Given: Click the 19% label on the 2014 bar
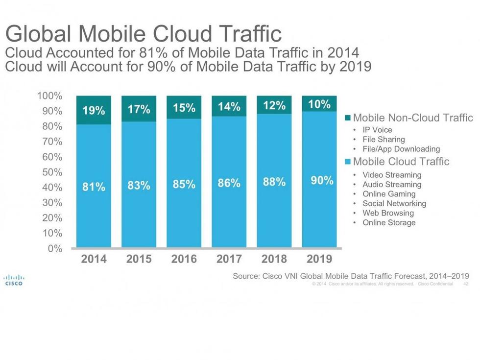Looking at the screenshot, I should (94, 110).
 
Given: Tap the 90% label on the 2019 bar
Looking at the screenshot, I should (322, 180).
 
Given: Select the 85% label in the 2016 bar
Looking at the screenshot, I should (184, 184).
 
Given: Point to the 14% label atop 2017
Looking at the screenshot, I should (229, 106).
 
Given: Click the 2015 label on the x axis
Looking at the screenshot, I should (139, 259).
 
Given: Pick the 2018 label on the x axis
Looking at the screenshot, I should (274, 259).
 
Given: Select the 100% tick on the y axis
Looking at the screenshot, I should (49, 96).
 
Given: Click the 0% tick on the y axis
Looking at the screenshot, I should (54, 248).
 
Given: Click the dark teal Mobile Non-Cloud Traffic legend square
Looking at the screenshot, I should (348, 118).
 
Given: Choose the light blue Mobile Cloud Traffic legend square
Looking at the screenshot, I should (348, 162).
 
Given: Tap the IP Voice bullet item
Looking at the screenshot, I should (377, 130).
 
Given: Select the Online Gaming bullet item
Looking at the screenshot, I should (389, 194).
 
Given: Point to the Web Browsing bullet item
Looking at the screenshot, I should (388, 213).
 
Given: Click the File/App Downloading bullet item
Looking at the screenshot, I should (401, 149).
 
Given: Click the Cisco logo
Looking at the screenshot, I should (13, 279).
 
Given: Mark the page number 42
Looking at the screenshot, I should (465, 284).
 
